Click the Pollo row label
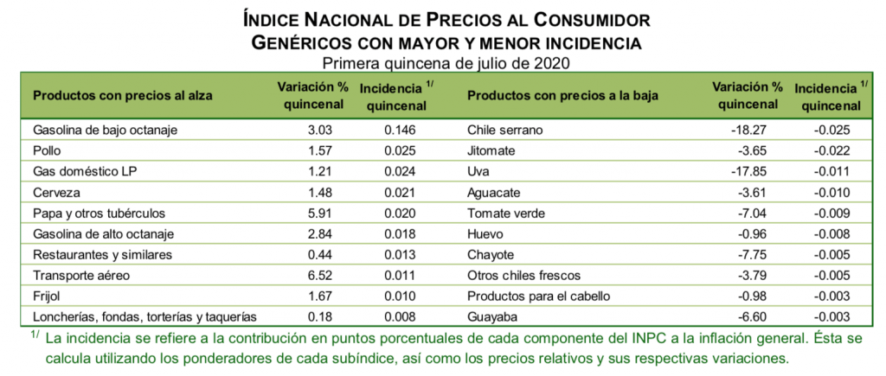[x=47, y=150]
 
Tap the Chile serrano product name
[x=504, y=130]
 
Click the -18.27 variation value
[x=747, y=130]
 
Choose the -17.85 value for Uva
[x=747, y=171]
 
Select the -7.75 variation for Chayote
[x=750, y=254]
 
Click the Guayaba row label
[x=493, y=316]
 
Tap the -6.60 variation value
[x=750, y=316]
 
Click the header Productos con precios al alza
[x=122, y=95]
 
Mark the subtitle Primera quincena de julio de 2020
[x=446, y=62]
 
